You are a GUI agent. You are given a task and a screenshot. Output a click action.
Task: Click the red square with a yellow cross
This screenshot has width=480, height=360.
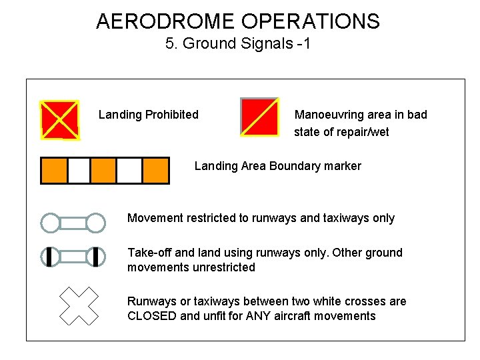[60, 120]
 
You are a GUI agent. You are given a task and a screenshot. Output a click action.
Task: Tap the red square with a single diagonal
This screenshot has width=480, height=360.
[259, 117]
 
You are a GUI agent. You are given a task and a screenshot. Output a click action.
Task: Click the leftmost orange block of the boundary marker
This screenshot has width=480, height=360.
[54, 170]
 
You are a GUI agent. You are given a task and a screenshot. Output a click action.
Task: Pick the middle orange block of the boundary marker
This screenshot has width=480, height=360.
[103, 170]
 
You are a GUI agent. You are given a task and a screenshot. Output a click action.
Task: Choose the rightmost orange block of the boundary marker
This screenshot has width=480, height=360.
[155, 170]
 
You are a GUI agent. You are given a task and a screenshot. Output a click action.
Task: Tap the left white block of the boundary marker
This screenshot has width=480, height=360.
[79, 170]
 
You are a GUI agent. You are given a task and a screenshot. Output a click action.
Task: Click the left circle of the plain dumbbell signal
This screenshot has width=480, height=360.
[51, 223]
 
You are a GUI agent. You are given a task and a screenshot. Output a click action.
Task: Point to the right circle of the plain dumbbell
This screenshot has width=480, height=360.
[96, 223]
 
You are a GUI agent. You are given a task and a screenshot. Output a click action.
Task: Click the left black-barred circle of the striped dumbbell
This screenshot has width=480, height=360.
[51, 257]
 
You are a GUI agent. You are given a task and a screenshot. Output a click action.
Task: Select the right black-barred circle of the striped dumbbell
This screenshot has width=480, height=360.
[96, 257]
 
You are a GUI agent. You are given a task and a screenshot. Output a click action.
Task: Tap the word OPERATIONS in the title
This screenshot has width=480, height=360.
[311, 21]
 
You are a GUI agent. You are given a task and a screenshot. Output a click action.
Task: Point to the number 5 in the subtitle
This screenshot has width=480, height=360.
[169, 45]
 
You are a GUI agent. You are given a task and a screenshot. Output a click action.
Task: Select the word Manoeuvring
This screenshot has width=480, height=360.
[327, 115]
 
